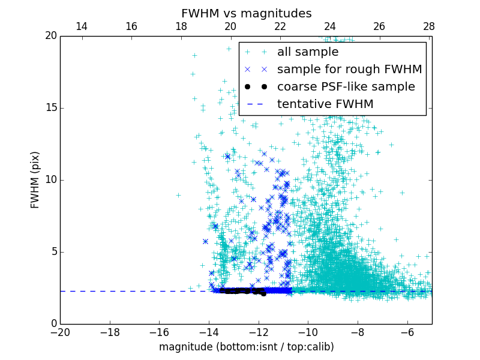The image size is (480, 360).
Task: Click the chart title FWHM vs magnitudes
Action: tap(246, 13)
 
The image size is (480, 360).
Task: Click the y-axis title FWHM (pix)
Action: tap(35, 179)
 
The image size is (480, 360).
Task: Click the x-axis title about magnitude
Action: tap(246, 347)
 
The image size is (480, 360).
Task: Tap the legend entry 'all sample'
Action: tap(308, 52)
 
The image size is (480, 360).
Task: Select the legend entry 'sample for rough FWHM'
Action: tap(349, 70)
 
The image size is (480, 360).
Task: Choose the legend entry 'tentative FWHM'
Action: tap(325, 104)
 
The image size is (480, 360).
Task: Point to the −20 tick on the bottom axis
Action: tap(60, 332)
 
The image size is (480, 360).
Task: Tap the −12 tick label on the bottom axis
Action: tap(258, 332)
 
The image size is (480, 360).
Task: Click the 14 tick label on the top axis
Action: tap(82, 26)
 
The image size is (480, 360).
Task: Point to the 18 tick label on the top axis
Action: tap(181, 26)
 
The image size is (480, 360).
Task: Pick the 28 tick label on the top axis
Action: tap(428, 26)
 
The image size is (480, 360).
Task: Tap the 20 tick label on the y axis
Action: tap(50, 36)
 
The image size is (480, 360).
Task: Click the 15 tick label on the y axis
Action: tap(50, 108)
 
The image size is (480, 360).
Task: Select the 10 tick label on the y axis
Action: tap(50, 180)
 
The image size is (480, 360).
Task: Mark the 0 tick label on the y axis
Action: tap(53, 324)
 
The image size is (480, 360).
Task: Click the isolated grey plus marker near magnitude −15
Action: tap(178, 195)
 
